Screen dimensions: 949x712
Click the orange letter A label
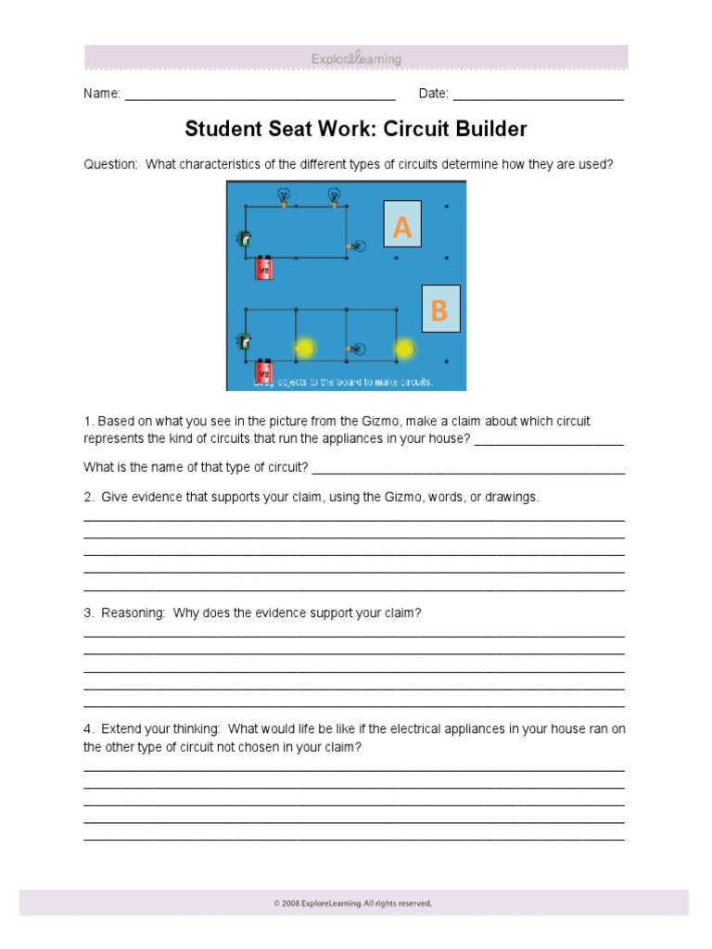point(402,225)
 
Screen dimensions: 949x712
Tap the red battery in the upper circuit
point(264,268)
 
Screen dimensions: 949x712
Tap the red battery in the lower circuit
point(264,373)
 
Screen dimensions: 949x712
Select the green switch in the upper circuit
point(245,239)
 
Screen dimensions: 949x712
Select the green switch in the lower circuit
point(245,340)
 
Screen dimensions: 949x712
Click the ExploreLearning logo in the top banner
point(356,59)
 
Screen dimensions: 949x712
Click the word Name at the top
point(101,94)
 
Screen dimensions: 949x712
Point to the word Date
point(433,94)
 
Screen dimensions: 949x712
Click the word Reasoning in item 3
point(133,614)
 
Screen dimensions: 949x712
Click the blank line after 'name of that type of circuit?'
point(469,472)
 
